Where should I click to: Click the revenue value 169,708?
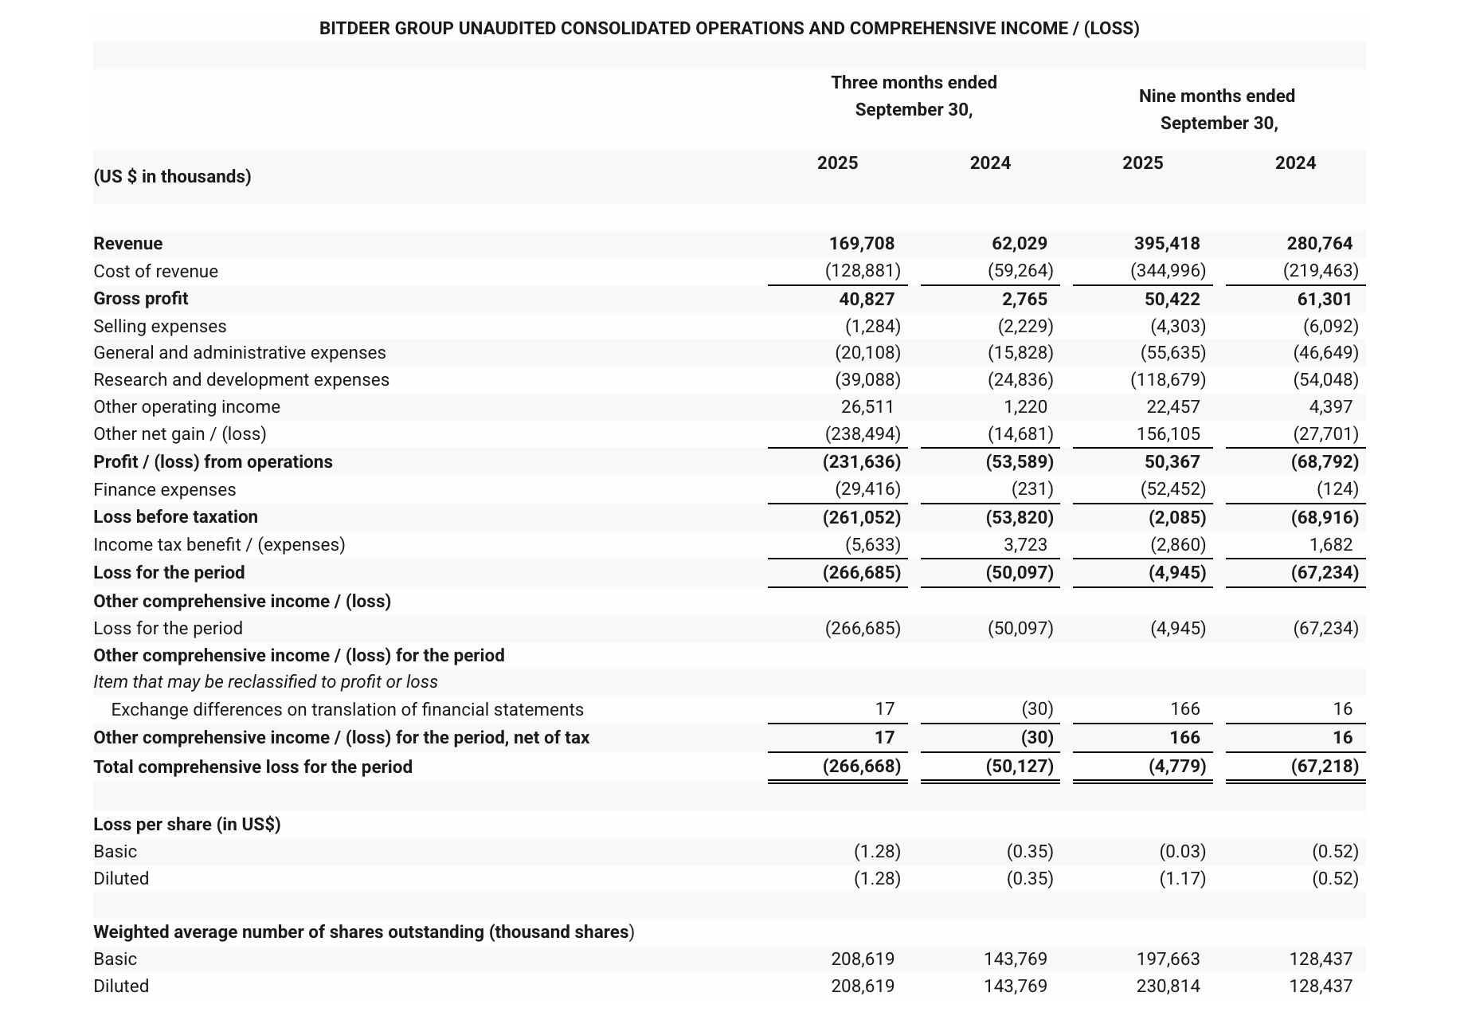click(x=861, y=244)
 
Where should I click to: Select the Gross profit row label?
click(x=141, y=299)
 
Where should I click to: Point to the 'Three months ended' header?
click(x=914, y=83)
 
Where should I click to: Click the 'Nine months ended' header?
click(x=1216, y=96)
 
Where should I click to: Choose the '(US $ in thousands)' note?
click(x=172, y=177)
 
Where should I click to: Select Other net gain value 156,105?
click(x=1168, y=434)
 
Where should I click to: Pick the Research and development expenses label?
click(x=241, y=380)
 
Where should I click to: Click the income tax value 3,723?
click(x=1025, y=545)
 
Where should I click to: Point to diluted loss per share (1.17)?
click(x=1182, y=879)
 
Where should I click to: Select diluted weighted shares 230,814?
click(x=1168, y=987)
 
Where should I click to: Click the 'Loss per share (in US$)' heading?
click(x=186, y=825)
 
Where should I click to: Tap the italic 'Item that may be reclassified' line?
click(x=265, y=682)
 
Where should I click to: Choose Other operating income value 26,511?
click(x=867, y=407)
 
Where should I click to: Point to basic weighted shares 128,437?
click(x=1320, y=959)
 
